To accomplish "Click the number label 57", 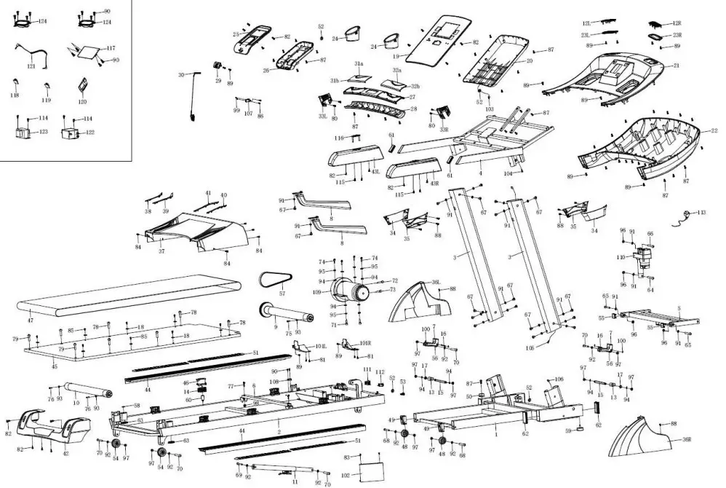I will [282, 294].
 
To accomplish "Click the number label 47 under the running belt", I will [31, 320].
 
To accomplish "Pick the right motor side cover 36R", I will [644, 440].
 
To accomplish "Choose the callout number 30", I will [181, 75].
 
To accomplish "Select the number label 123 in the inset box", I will [44, 132].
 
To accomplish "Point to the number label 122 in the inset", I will [90, 132].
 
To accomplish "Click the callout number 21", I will [675, 66].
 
